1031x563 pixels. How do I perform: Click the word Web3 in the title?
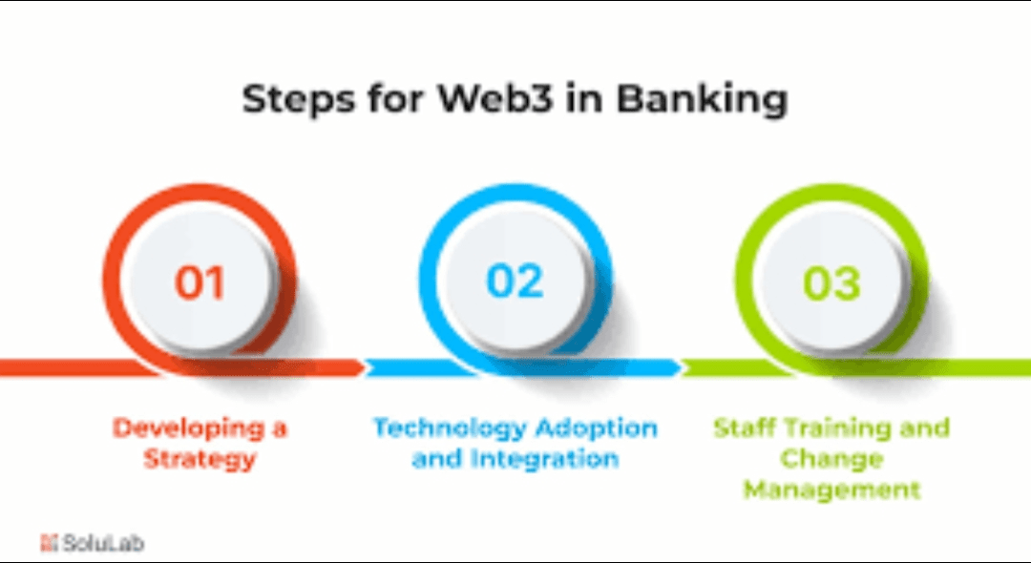pyautogui.click(x=485, y=99)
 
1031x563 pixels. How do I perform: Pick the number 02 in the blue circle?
pyautogui.click(x=515, y=281)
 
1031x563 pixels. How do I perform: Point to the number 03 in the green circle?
pyautogui.click(x=831, y=282)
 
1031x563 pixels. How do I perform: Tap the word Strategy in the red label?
pyautogui.click(x=200, y=460)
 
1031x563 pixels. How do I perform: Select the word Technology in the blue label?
pyautogui.click(x=450, y=427)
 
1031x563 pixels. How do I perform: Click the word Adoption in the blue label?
pyautogui.click(x=596, y=427)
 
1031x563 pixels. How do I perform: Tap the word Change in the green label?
pyautogui.click(x=831, y=459)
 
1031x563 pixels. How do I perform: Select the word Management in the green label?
pyautogui.click(x=831, y=490)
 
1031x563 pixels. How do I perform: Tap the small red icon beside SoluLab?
pyautogui.click(x=49, y=543)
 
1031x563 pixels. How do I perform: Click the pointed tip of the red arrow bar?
pyautogui.click(x=363, y=367)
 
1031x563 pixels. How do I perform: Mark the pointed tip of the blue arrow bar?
pyautogui.click(x=680, y=367)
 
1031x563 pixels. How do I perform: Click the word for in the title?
pyautogui.click(x=390, y=100)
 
